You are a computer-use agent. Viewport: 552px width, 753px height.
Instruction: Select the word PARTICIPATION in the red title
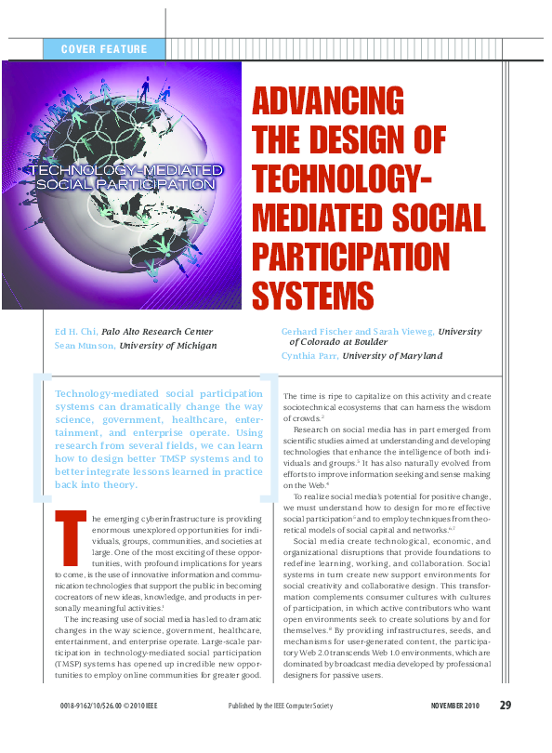351,257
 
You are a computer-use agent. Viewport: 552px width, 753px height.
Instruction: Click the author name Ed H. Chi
76,331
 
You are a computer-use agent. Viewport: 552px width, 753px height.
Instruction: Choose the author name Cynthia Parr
309,356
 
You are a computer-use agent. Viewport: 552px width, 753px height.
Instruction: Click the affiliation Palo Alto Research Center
157,331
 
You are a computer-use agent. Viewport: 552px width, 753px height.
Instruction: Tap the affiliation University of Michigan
167,345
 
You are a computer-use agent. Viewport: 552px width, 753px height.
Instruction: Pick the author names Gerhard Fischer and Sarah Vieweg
357,331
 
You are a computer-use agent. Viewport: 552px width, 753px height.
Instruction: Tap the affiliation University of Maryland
392,356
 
